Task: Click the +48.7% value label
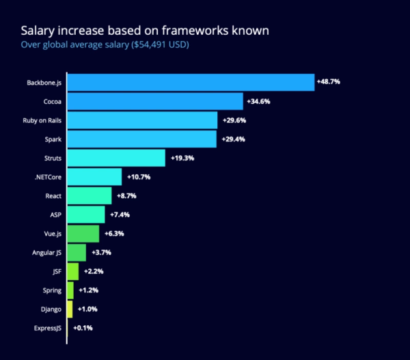[x=329, y=82]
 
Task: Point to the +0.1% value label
[x=82, y=328]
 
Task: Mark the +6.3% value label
[x=115, y=234]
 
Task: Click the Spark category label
[x=52, y=139]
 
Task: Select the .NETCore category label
[x=49, y=177]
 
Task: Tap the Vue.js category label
[x=50, y=234]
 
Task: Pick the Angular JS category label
[x=46, y=253]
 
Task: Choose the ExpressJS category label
[x=48, y=328]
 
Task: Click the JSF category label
[x=55, y=271]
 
